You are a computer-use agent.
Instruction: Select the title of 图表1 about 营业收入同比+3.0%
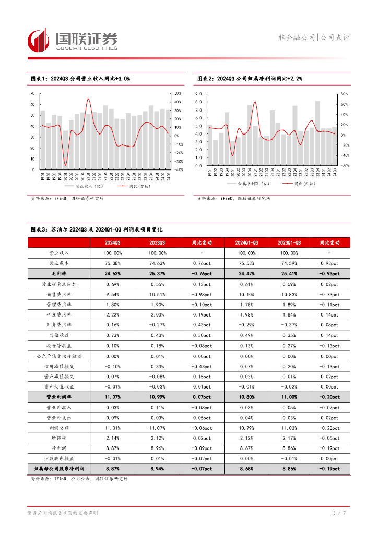(80, 78)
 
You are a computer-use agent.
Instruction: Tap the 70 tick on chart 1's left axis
(32, 93)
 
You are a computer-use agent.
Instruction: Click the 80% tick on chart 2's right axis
(344, 94)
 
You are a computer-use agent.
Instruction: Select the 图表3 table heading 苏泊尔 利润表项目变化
(97, 229)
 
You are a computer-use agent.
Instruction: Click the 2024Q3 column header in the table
(112, 242)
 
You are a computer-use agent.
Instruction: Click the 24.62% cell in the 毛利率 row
(112, 274)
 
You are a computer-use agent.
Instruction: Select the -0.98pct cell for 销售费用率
(202, 295)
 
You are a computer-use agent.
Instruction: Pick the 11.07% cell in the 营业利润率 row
(112, 397)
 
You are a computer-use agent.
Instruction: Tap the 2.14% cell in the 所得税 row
(112, 438)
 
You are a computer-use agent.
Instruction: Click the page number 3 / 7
(339, 514)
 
